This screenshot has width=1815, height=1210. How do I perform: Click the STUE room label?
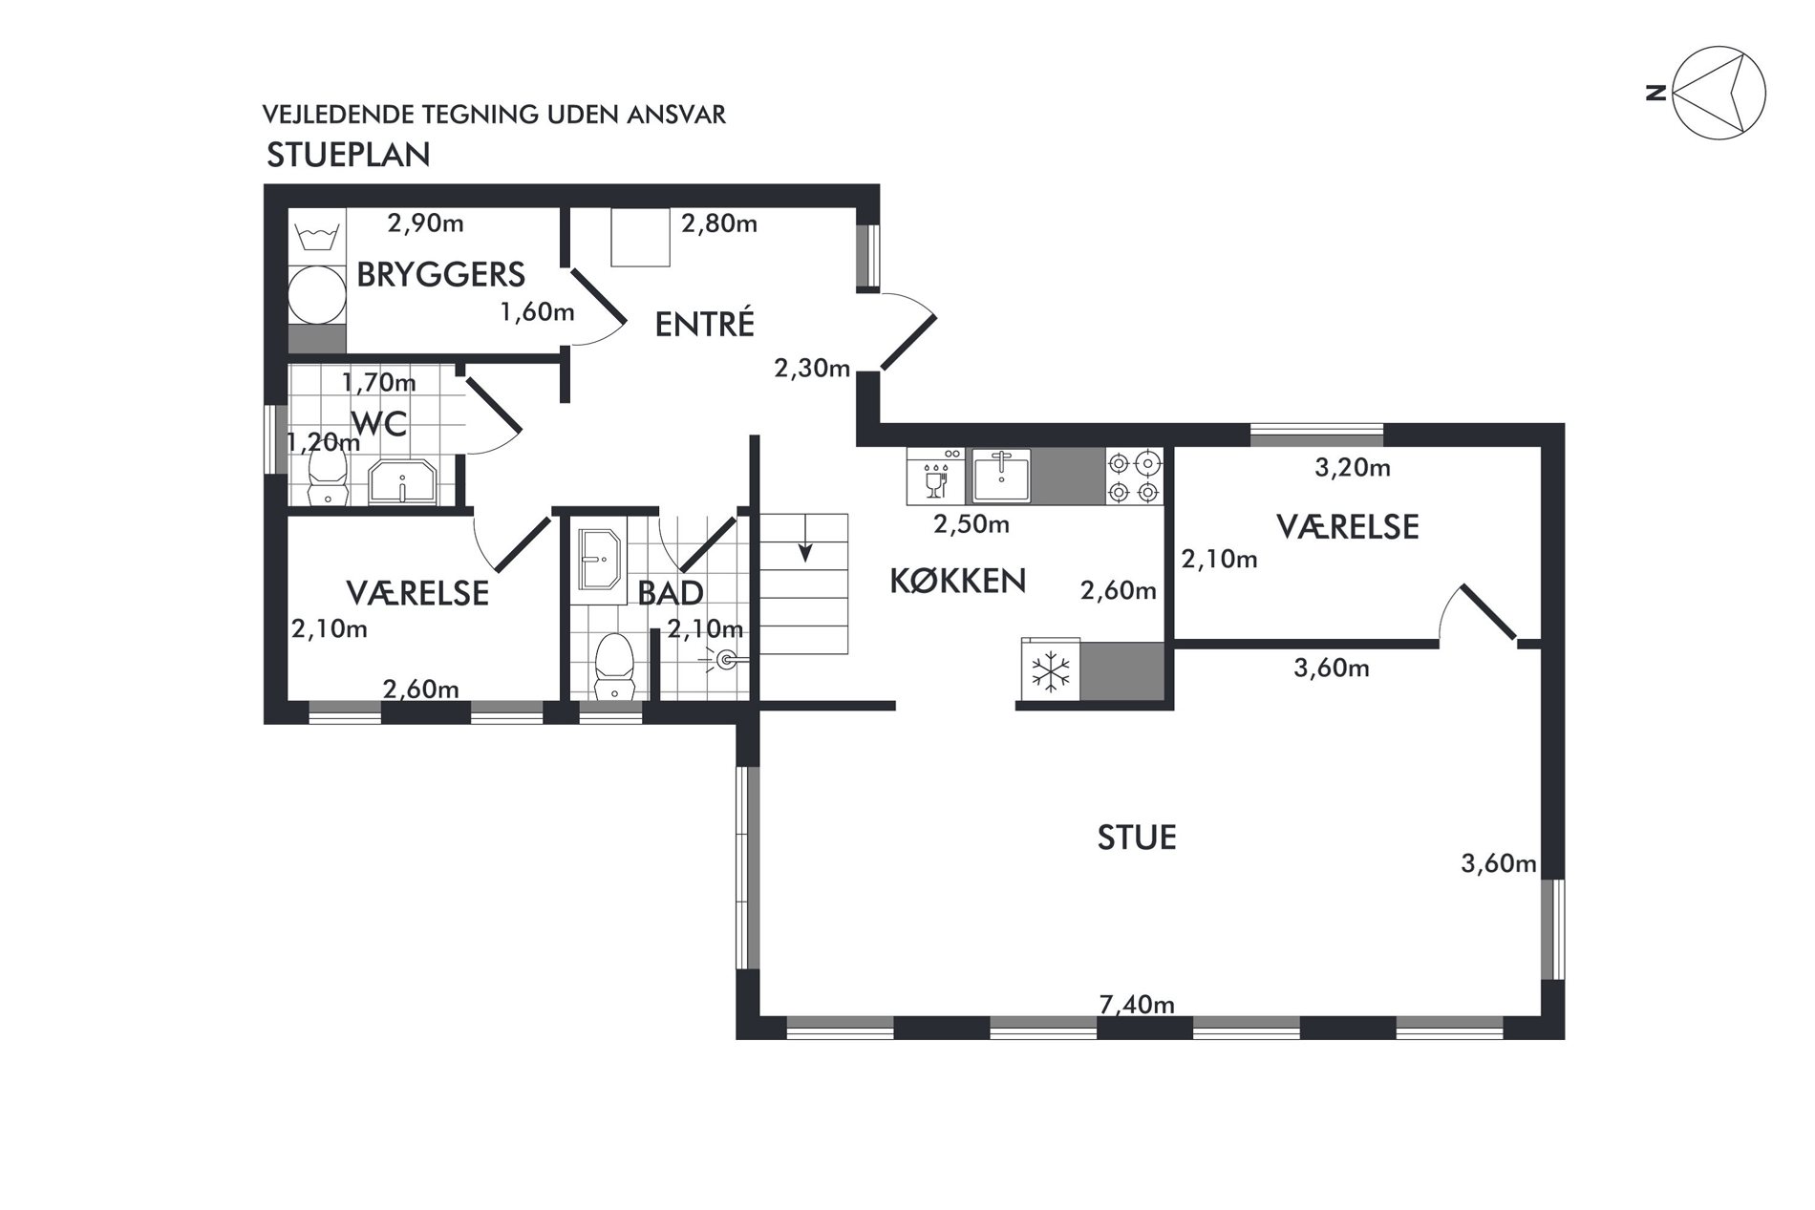pos(1136,838)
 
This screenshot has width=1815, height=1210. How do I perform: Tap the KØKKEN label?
pos(957,581)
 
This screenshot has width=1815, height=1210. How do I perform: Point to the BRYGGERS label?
pos(440,274)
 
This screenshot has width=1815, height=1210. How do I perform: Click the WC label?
pos(379,423)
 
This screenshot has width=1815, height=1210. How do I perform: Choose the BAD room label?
pos(671,593)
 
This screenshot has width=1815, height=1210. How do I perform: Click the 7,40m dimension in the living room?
pos(1137,1005)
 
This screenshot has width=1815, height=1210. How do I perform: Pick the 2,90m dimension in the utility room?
pos(425,223)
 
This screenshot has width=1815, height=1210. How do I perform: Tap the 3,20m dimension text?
pos(1353,468)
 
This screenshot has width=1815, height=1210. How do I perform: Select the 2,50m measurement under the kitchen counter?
pos(972,524)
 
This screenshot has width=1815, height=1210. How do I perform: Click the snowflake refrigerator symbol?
pos(1050,672)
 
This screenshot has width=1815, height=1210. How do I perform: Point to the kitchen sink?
pos(1001,476)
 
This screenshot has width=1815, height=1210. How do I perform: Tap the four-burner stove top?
pos(1134,477)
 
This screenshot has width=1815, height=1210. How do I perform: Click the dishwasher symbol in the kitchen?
pos(937,476)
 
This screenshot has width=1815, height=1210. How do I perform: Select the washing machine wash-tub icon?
pos(316,236)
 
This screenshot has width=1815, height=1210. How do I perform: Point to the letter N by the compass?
pos(1656,94)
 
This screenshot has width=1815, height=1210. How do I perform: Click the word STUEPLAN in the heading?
pos(349,155)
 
